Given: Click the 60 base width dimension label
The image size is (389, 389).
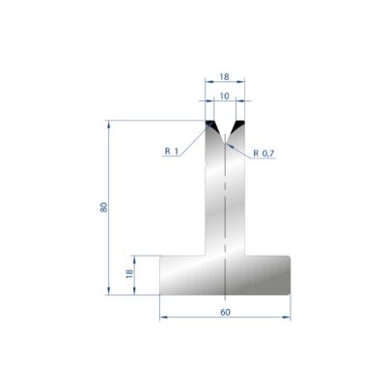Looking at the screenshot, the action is [x=225, y=312].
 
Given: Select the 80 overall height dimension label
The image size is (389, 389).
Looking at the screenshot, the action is [x=104, y=208].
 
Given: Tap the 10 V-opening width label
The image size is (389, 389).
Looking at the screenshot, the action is [x=224, y=96].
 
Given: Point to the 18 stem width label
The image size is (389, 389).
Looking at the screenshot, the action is [x=224, y=77].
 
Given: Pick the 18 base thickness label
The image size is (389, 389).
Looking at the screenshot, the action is [x=129, y=273].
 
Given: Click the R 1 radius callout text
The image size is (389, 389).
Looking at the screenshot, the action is [x=172, y=151].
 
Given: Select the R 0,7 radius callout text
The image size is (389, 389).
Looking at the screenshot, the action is [x=264, y=153].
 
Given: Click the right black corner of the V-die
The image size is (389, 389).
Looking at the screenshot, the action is [x=238, y=124].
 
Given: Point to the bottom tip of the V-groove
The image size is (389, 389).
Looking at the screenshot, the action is [x=225, y=143].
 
